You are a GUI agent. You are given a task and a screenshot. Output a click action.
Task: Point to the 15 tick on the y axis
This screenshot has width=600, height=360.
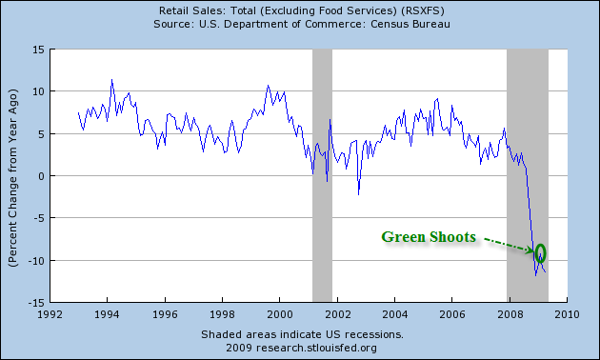[x=40, y=50]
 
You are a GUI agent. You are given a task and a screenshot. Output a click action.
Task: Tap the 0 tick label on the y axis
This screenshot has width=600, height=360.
[x=43, y=176]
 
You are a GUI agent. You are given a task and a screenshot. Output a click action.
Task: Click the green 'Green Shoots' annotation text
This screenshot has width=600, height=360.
[x=429, y=237]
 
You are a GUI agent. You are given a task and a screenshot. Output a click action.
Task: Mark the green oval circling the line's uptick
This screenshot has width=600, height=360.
[x=541, y=252]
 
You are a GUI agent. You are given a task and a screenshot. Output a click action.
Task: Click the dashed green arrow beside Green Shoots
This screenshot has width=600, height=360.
[x=505, y=244]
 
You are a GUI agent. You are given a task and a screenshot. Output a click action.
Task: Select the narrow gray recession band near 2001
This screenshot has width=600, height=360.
[x=322, y=176]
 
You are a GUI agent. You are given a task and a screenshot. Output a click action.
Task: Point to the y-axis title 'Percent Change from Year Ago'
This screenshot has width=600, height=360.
[x=13, y=176]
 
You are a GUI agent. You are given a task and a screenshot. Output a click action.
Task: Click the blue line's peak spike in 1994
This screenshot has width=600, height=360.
[x=111, y=81]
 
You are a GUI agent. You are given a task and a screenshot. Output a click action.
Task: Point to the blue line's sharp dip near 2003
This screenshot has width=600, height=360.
[x=359, y=193]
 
